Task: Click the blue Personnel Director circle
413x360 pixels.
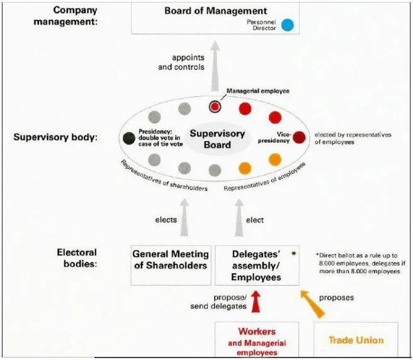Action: (x=288, y=25)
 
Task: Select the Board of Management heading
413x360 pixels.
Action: (x=215, y=11)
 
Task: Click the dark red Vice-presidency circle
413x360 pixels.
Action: (x=299, y=137)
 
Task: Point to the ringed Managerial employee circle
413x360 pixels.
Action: (x=215, y=106)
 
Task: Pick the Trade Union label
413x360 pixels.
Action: (x=356, y=340)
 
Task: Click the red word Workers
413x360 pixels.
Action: (x=257, y=331)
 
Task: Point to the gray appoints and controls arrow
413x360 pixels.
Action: (x=215, y=66)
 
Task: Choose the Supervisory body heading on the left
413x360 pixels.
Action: (x=55, y=137)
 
